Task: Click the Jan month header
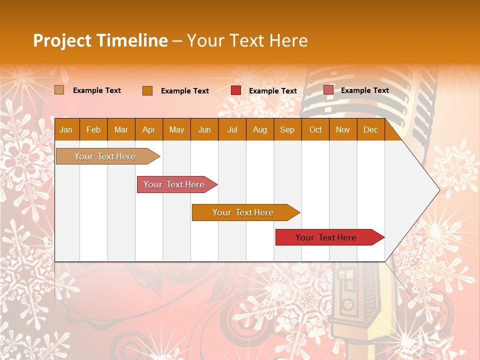point(66,129)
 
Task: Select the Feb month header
point(93,129)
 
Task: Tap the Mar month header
point(121,129)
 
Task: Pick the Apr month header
point(149,129)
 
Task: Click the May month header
point(176,129)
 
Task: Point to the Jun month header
point(204,129)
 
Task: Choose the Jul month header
point(232,129)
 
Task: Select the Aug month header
point(260,129)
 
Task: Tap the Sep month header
point(287,129)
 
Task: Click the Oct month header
point(315,129)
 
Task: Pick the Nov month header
point(343,129)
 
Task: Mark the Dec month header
point(371,129)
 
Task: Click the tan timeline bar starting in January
point(105,156)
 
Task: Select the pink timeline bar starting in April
point(174,184)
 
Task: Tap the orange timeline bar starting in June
point(243,212)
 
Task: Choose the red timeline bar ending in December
point(326,237)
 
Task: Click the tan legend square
point(59,90)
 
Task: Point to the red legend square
point(236,90)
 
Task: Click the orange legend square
point(147,90)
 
